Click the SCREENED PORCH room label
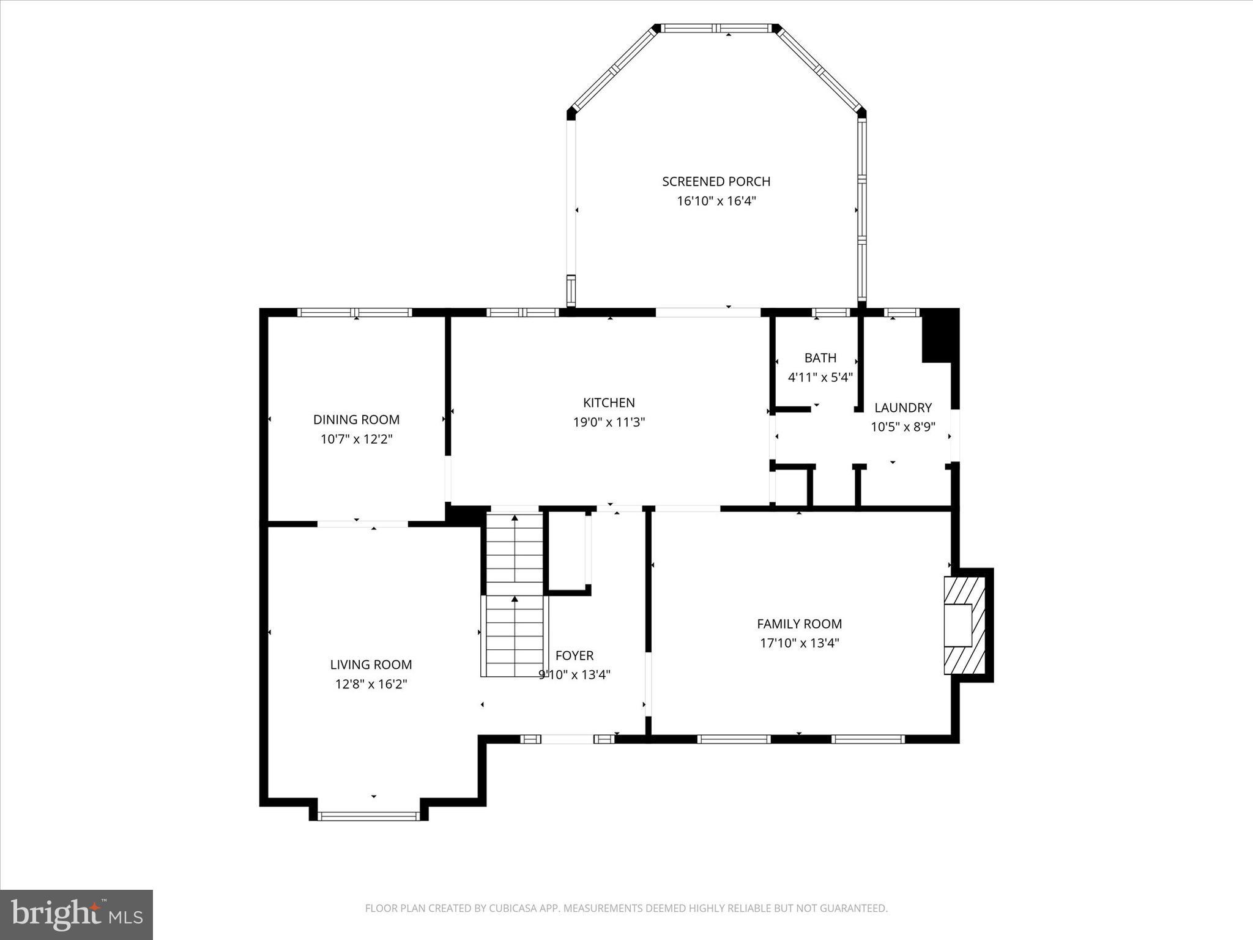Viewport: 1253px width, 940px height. point(716,182)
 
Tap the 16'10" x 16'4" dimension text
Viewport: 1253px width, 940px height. point(716,201)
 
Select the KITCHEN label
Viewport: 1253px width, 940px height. point(609,403)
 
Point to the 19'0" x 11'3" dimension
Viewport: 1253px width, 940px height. point(609,422)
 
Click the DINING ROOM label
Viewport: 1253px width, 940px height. point(356,420)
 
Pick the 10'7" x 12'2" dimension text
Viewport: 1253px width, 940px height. point(356,439)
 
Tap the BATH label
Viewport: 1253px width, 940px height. point(820,358)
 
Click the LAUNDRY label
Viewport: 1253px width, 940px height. point(902,408)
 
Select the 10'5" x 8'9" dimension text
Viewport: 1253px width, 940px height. point(902,427)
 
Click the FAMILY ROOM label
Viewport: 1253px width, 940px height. point(799,624)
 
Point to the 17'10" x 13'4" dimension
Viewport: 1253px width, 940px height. point(799,643)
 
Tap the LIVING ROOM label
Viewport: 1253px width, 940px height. point(371,665)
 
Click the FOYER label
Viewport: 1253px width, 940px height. point(574,656)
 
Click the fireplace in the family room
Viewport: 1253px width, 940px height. point(964,625)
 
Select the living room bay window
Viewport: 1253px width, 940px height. point(368,816)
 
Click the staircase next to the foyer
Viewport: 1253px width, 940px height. point(515,594)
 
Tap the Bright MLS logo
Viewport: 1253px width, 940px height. point(76,914)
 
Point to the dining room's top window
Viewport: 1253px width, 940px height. point(355,313)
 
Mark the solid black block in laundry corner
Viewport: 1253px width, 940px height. point(939,337)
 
